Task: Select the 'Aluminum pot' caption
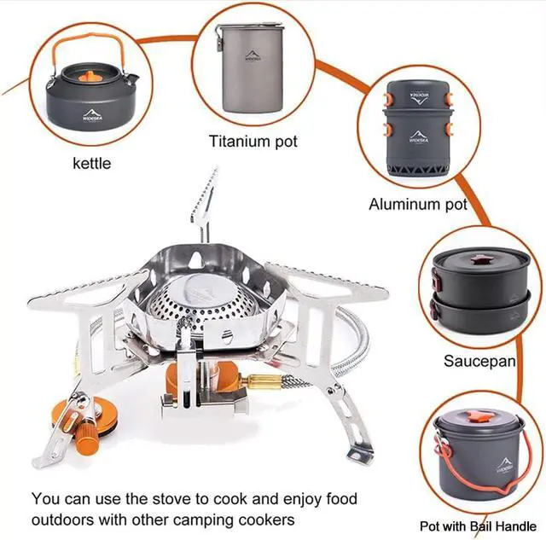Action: tap(418, 204)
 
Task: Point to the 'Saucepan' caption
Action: tap(479, 361)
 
